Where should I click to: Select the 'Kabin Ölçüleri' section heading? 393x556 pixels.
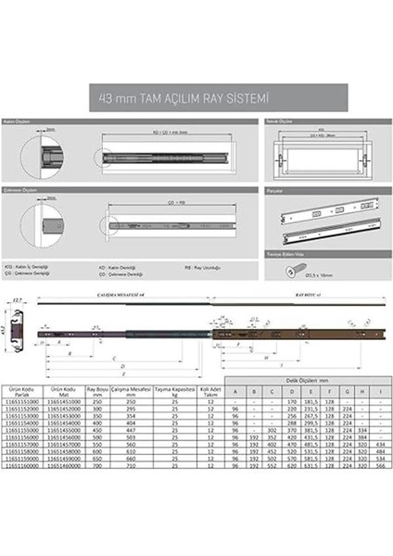click(28, 121)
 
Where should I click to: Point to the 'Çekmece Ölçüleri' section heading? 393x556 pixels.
click(31, 188)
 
